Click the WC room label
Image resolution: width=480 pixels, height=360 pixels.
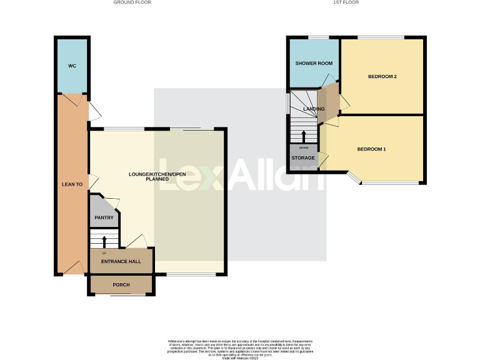72,66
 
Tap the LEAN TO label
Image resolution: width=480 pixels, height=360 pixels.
72,184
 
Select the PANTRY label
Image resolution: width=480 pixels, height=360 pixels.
103,218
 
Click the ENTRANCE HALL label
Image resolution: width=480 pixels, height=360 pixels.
121,262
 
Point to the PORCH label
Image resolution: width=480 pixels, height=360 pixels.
121,285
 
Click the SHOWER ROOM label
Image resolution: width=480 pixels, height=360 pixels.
314,64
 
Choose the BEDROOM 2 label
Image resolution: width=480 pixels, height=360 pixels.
382,77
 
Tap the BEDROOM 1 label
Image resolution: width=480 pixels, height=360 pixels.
371,149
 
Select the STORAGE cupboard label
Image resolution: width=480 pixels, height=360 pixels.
303,158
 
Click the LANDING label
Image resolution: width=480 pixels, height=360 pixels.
314,109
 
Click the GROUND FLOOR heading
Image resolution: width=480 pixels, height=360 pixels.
132,2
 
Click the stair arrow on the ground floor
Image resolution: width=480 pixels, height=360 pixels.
104,241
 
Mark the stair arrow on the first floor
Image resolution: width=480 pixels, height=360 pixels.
304,136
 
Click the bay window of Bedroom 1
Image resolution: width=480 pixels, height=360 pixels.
353,179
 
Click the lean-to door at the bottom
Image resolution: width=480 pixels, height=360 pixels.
72,269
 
